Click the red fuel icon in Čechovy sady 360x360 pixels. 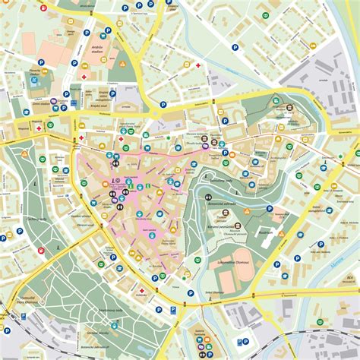(40, 250)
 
